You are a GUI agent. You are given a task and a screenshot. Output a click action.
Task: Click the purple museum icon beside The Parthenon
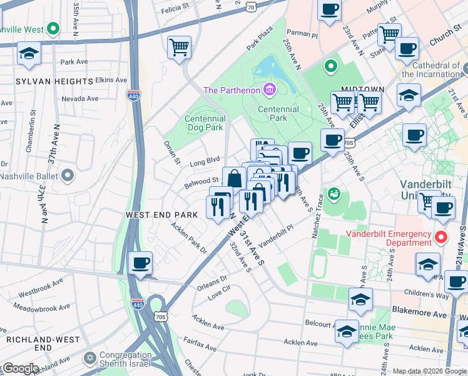point(270,90)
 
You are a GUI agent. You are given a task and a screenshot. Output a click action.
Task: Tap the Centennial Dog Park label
point(205,123)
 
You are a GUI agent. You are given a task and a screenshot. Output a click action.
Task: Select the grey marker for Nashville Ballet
point(68,176)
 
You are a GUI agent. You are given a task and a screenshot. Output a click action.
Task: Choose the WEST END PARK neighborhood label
point(161,214)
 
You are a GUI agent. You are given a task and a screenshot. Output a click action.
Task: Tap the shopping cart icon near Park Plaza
point(179,47)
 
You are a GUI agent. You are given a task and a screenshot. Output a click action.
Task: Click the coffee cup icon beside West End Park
point(140,263)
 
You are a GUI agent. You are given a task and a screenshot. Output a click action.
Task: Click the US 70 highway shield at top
point(251,6)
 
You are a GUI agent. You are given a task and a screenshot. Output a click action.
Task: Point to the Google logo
point(20,368)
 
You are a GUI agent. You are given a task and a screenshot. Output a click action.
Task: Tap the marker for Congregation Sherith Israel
point(91,358)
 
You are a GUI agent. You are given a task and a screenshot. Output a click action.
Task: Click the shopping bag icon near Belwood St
point(234,178)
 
